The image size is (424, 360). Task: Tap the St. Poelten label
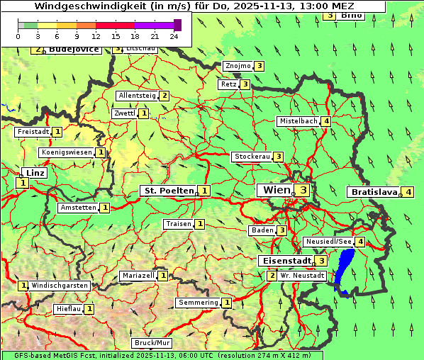[167, 191]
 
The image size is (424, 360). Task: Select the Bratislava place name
[372, 192]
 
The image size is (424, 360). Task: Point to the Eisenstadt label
[286, 261]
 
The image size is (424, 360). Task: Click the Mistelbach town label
[298, 121]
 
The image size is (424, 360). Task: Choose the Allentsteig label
[137, 96]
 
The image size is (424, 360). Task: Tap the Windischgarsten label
[59, 286]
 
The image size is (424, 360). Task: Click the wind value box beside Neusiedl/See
[361, 242]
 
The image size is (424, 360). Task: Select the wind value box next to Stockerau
[279, 157]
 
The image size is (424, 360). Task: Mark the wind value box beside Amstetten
[105, 208]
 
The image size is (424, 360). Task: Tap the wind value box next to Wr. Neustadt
[272, 275]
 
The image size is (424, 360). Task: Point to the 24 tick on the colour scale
[174, 36]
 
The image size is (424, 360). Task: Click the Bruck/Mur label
[152, 343]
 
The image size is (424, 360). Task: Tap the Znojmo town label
[237, 66]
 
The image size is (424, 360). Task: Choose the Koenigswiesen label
[67, 152]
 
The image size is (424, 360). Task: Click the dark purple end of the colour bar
[178, 25]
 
